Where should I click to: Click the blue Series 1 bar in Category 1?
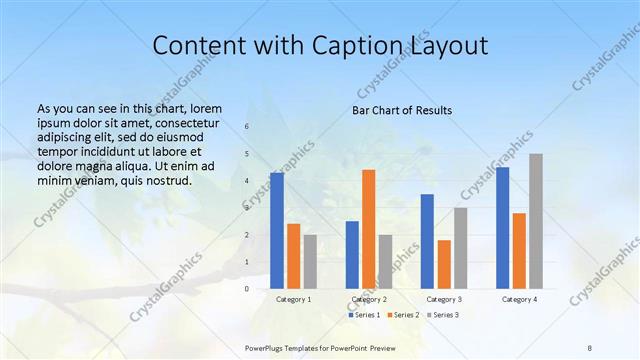click(277, 230)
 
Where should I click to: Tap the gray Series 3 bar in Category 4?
click(536, 221)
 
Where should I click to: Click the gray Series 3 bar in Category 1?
click(311, 261)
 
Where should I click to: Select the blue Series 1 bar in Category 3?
click(427, 241)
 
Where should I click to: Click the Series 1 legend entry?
click(365, 315)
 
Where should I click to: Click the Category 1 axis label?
click(294, 299)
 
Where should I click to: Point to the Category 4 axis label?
click(519, 299)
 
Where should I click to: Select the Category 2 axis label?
click(369, 299)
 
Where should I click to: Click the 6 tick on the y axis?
click(247, 127)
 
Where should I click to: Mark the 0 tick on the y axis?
click(247, 289)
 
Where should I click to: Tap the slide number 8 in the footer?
click(590, 346)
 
